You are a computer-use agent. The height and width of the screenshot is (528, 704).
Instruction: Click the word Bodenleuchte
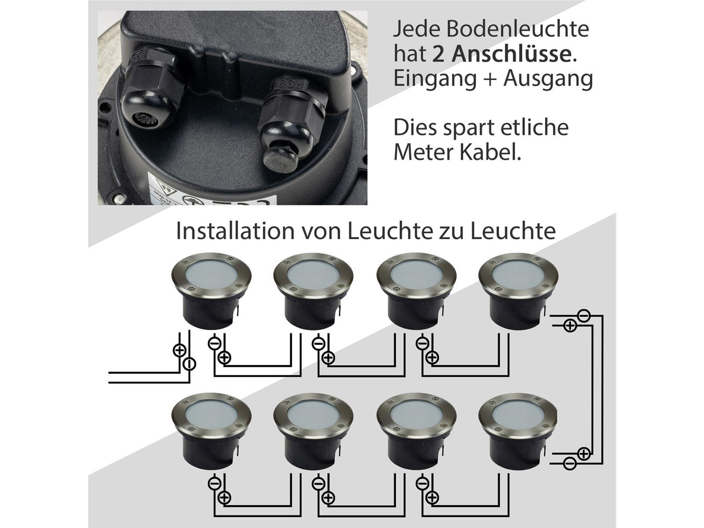517,29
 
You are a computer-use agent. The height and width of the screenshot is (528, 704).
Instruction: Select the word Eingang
435,80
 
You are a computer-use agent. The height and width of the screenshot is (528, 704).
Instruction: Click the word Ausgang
548,80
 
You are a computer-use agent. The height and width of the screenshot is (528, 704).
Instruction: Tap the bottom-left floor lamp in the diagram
211,431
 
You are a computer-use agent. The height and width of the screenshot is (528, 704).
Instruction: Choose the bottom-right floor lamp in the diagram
518,431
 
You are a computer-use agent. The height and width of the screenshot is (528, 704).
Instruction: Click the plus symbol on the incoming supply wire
180,350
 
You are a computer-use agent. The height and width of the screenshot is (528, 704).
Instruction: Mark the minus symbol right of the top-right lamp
583,315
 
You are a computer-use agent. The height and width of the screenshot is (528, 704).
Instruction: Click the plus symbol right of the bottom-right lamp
583,454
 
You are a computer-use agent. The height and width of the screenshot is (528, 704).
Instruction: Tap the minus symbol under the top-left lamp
214,344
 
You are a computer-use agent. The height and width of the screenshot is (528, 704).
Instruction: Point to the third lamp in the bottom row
416,431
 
